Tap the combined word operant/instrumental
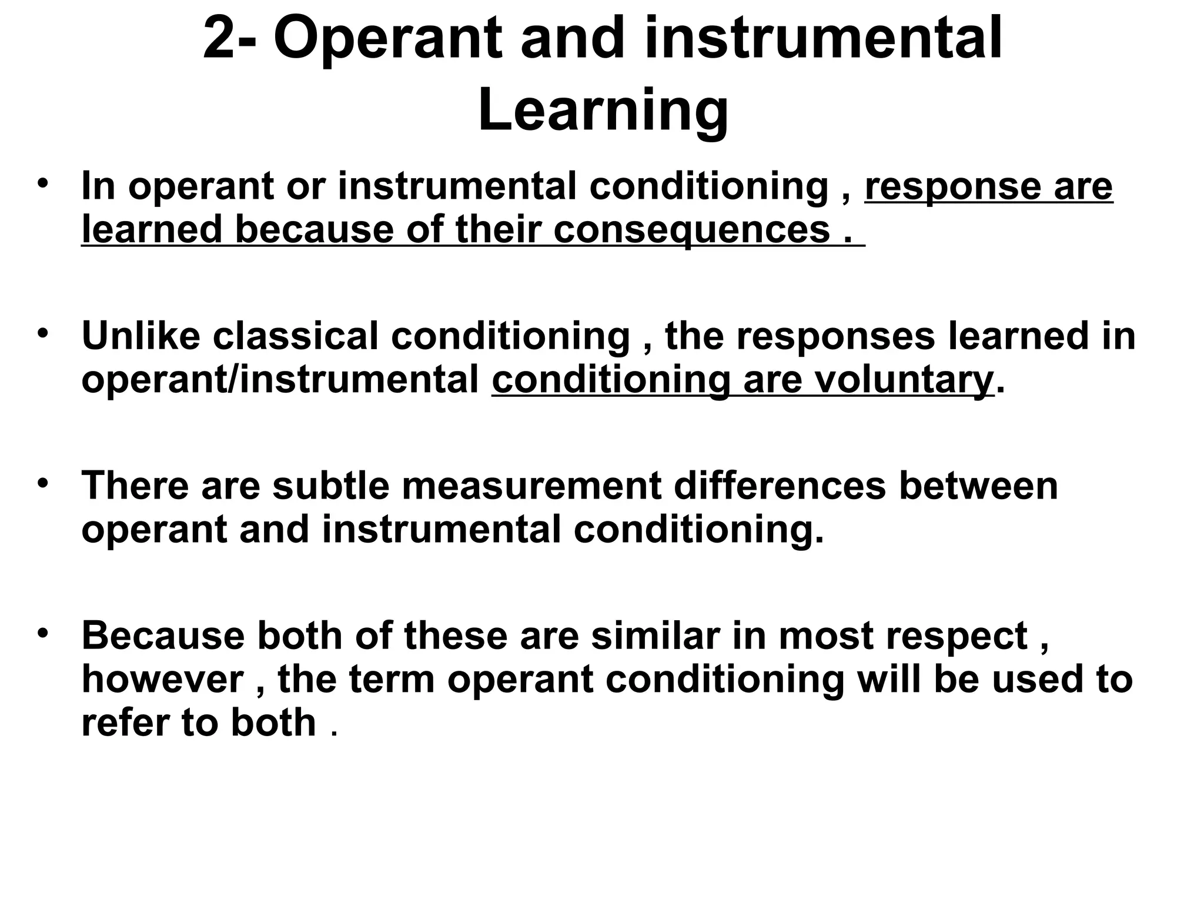point(280,380)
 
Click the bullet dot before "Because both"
point(41,633)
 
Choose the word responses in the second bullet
point(835,336)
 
